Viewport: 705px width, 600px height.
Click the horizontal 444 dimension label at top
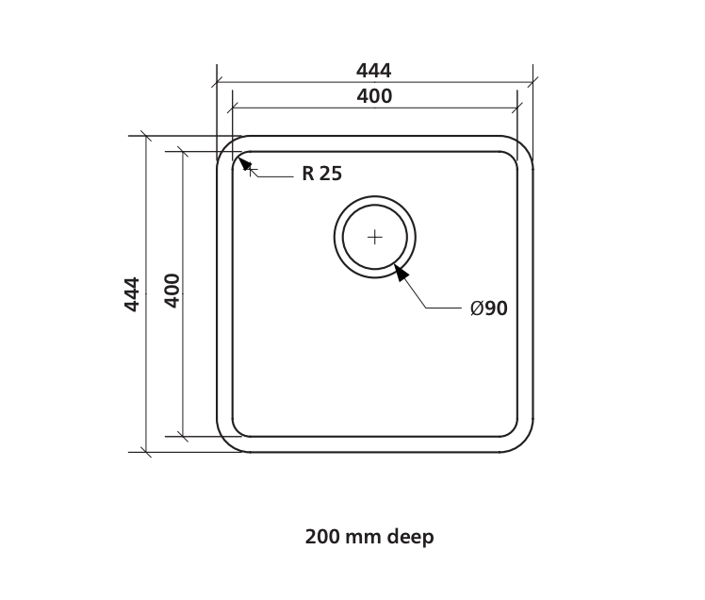pos(373,71)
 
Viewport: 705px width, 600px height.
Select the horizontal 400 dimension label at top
pos(374,96)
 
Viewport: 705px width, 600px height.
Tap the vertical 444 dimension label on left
pos(132,294)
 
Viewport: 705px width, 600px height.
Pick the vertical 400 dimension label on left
pos(172,291)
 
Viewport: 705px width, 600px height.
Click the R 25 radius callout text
pos(322,174)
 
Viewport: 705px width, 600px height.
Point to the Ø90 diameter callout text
pos(489,308)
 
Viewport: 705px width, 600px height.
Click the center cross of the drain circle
pos(375,237)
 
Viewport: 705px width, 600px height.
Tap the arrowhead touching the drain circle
pos(402,273)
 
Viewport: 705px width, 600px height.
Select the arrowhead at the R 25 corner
pos(245,164)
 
